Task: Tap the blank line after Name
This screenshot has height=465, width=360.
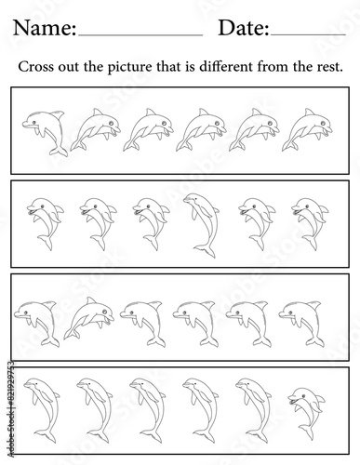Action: pyautogui.click(x=140, y=35)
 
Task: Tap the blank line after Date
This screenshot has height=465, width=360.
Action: pyautogui.click(x=308, y=35)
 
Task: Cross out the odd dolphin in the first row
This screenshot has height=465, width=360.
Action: pyautogui.click(x=46, y=132)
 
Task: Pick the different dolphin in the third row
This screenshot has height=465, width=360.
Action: pyautogui.click(x=89, y=318)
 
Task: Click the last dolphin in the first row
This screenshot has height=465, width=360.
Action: pyautogui.click(x=307, y=129)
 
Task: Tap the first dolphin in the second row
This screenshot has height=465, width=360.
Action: pyautogui.click(x=45, y=223)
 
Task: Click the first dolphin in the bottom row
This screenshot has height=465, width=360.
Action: pyautogui.click(x=42, y=409)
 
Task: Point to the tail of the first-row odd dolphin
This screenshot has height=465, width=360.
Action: pyautogui.click(x=59, y=152)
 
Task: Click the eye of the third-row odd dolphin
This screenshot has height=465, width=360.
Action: pyautogui.click(x=105, y=312)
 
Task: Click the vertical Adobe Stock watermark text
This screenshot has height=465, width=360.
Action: pyautogui.click(x=10, y=409)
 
